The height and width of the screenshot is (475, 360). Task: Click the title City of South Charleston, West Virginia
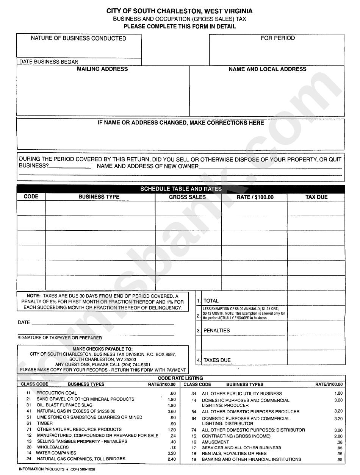(x=180, y=12)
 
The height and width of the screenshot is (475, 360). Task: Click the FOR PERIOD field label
(x=277, y=38)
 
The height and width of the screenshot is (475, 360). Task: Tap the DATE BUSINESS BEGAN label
(x=49, y=62)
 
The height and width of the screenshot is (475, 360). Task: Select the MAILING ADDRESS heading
(x=102, y=69)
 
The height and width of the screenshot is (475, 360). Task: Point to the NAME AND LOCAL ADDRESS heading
(x=267, y=69)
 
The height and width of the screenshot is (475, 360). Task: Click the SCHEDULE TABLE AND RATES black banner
(x=181, y=189)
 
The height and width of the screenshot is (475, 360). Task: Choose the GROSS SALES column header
(x=187, y=197)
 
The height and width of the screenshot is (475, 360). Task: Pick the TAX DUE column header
(x=316, y=197)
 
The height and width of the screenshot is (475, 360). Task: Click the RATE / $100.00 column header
(x=255, y=197)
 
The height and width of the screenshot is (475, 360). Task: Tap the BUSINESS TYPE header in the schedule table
(x=99, y=197)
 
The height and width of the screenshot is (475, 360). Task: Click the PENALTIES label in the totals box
(x=217, y=330)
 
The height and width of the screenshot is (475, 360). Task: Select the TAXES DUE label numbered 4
(x=217, y=360)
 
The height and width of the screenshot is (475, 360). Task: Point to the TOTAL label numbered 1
(x=211, y=301)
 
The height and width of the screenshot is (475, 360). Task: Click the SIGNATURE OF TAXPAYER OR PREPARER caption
(x=60, y=338)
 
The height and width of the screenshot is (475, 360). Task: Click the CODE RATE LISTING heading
(x=180, y=378)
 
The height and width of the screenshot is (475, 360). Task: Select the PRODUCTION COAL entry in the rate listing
(x=56, y=393)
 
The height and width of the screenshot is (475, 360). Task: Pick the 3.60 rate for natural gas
(x=172, y=411)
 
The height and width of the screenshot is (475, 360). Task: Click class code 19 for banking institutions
(x=194, y=459)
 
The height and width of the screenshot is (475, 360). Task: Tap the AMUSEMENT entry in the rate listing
(x=215, y=442)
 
